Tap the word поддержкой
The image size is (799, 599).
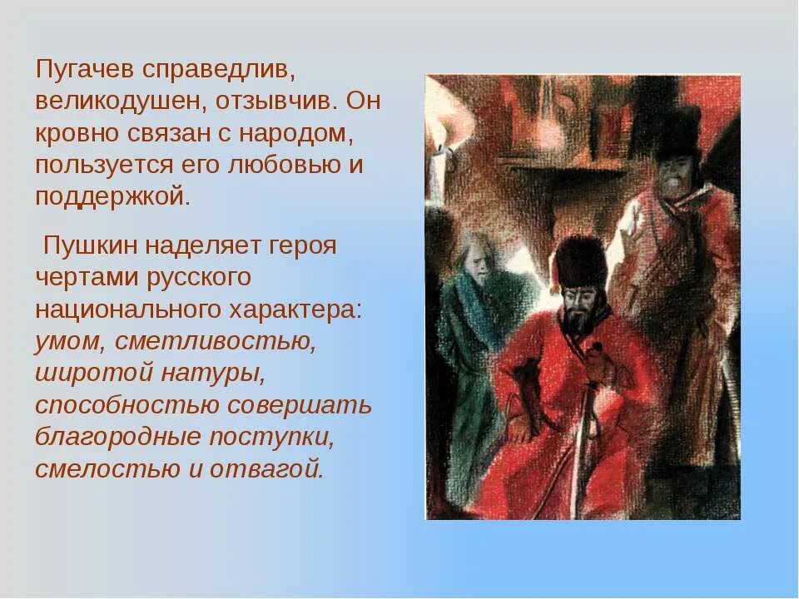click(112, 196)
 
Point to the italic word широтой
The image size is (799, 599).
click(87, 372)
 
